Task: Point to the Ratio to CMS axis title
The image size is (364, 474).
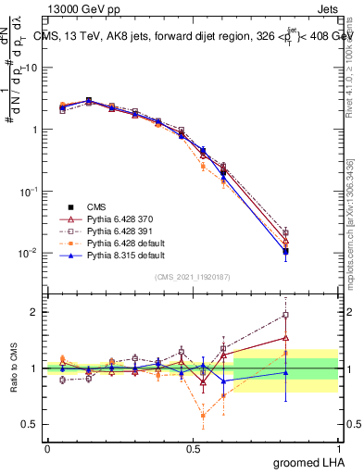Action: tap(13, 368)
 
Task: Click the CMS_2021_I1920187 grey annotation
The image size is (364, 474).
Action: tap(193, 276)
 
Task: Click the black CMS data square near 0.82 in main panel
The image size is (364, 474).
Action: tap(286, 251)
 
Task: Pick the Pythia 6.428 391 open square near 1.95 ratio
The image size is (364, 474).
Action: tap(286, 315)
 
